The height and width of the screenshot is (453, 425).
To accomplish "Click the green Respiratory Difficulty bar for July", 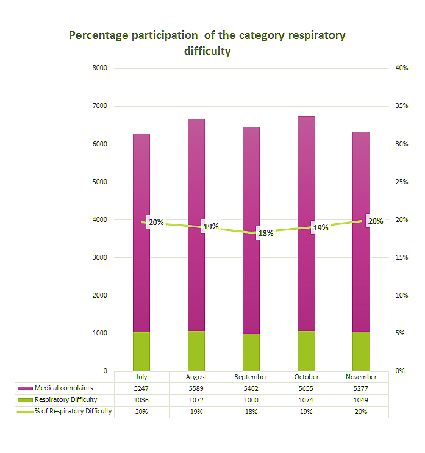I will point(141,351).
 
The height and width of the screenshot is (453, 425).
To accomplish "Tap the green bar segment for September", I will point(251,352).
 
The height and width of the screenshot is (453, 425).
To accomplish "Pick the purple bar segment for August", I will point(196,225).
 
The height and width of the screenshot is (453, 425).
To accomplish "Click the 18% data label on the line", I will point(265,233).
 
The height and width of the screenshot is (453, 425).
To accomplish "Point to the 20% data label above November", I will point(376,221).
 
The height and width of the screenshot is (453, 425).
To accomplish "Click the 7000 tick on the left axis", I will point(99,106).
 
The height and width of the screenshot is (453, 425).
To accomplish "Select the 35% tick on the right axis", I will point(402,106).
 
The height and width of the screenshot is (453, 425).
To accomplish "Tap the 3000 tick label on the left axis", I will point(99,258).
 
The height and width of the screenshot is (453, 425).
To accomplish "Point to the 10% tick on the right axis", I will point(402,296).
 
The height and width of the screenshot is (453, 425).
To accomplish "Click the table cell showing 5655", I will point(306,388).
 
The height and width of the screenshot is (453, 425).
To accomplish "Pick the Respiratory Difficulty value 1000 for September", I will point(251,400).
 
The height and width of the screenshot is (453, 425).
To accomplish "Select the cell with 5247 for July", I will point(141,388).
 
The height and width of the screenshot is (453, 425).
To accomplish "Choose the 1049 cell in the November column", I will point(361,400).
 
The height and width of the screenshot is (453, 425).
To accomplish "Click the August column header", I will point(196,377).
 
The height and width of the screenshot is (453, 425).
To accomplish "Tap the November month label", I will point(361,377).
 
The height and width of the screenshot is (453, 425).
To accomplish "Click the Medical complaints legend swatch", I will point(25,388).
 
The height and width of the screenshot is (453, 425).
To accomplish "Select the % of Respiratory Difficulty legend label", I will point(73,412).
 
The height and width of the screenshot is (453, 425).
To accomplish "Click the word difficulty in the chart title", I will point(207,51).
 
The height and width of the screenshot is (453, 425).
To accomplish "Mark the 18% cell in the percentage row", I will point(251,412).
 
